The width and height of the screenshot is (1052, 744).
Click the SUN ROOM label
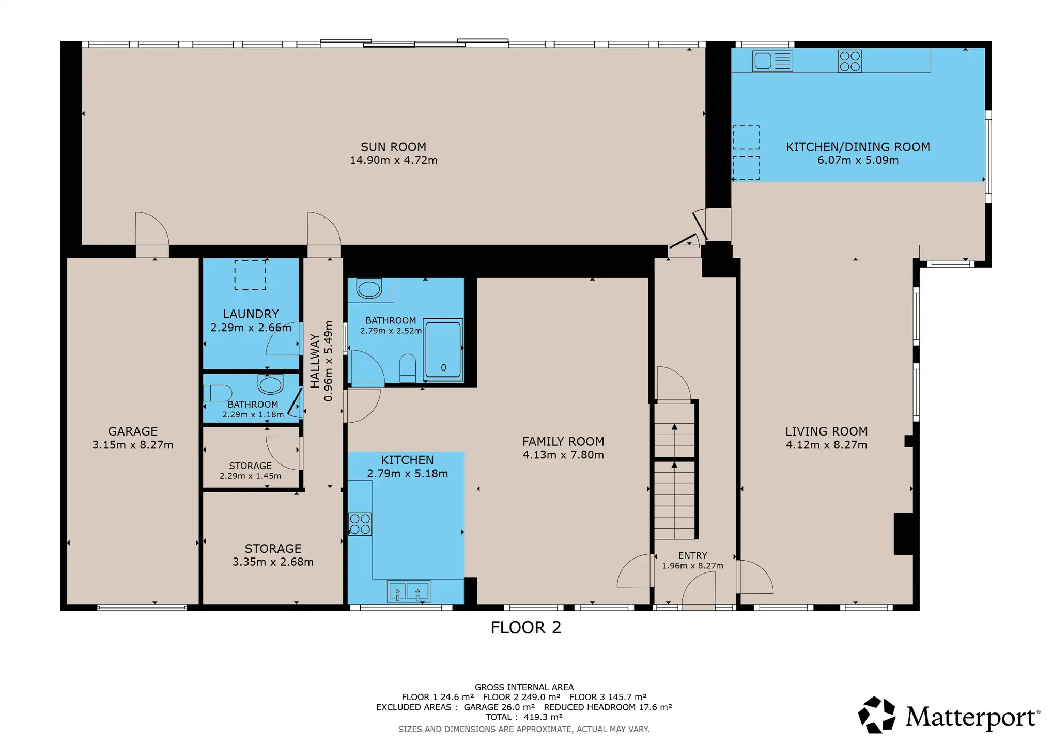tap(393, 147)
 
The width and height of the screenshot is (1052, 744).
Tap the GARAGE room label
tap(133, 431)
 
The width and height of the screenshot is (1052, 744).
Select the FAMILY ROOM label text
tap(563, 442)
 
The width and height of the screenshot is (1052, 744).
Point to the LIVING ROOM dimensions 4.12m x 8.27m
tap(826, 445)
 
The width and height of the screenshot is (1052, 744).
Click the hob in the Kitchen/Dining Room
tap(849, 61)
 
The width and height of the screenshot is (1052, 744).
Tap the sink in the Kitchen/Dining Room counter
tap(772, 61)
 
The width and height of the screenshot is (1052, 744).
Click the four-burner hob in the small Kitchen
tap(360, 523)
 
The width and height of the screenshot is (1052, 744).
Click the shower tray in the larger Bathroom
tap(443, 350)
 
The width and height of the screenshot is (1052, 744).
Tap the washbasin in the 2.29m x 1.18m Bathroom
tap(270, 384)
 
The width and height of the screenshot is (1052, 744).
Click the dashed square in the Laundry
tap(250, 275)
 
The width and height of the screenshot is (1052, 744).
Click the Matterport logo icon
tap(876, 715)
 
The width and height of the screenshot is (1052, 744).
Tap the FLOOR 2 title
tap(525, 627)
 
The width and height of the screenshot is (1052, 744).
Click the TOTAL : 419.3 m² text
tap(524, 717)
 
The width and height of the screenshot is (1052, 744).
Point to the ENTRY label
tap(692, 555)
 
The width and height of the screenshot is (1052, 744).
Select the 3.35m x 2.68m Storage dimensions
tap(273, 562)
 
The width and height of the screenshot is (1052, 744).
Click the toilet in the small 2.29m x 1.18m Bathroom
tap(218, 393)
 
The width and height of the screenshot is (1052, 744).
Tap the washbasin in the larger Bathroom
tap(369, 288)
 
